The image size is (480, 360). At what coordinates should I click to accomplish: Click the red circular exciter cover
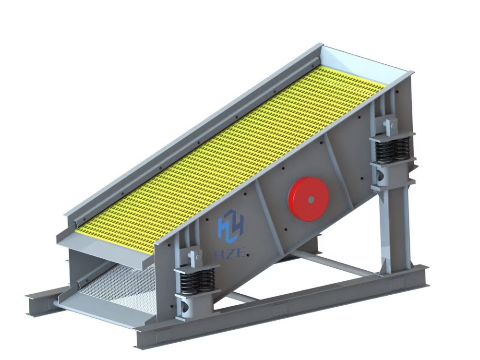tap(308, 198)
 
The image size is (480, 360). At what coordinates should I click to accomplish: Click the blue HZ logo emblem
tap(231, 226)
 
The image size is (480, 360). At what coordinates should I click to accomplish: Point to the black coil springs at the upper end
tap(392, 149)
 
